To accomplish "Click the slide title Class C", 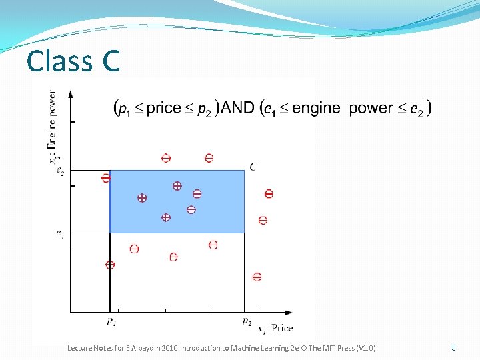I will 73,61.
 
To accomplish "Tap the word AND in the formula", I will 237,107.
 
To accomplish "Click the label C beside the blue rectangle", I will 253,166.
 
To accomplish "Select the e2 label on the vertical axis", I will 60,171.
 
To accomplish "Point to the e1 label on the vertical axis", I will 60,233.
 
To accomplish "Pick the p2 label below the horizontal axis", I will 246,321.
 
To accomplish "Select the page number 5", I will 453,347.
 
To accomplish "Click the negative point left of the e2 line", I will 105,178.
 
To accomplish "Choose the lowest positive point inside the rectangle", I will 166,217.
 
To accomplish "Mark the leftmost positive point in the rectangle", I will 142,198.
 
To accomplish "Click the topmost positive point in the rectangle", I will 177,186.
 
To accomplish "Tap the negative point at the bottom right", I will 257,277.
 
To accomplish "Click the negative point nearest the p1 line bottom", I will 110,265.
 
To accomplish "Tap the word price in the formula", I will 163,107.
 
